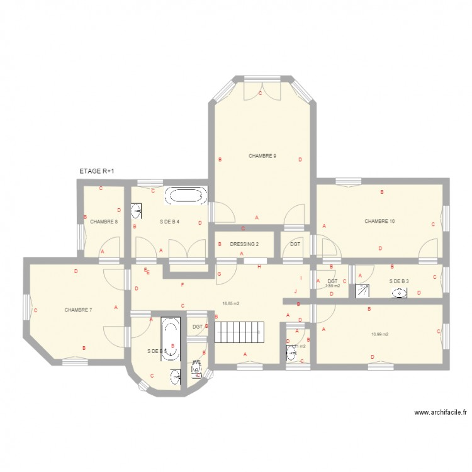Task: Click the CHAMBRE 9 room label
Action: (x=262, y=156)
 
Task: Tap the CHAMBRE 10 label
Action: (x=379, y=221)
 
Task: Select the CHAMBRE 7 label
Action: (x=78, y=310)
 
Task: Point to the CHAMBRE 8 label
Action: (x=103, y=222)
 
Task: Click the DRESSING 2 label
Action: (x=244, y=244)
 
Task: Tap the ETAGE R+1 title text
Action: (x=97, y=171)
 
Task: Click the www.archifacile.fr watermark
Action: (x=441, y=413)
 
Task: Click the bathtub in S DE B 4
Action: (x=186, y=195)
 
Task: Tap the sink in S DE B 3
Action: (x=399, y=292)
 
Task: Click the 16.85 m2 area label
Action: (x=230, y=303)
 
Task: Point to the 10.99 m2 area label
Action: (x=379, y=334)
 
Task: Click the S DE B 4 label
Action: (x=170, y=222)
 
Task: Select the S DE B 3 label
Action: (x=399, y=281)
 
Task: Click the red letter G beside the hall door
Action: (x=219, y=274)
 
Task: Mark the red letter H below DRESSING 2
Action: (x=259, y=267)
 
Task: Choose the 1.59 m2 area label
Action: (x=332, y=286)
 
